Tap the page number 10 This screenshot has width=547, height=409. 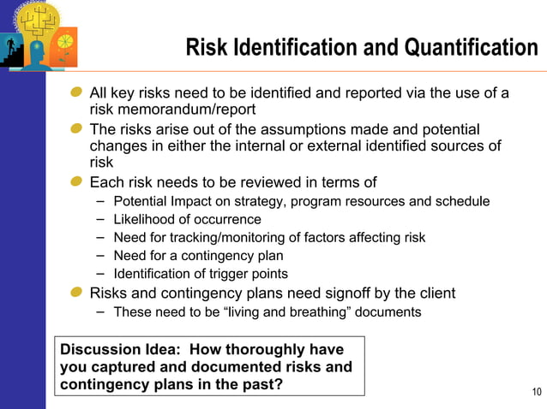point(537,393)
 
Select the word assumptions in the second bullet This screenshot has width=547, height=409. point(324,129)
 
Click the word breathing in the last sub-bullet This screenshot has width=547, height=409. point(321,311)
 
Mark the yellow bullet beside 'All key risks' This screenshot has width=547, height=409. point(77,92)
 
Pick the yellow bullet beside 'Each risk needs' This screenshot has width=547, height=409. point(77,182)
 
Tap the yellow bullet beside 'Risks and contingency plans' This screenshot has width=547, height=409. point(77,293)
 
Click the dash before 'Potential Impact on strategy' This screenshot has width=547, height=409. point(100,200)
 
